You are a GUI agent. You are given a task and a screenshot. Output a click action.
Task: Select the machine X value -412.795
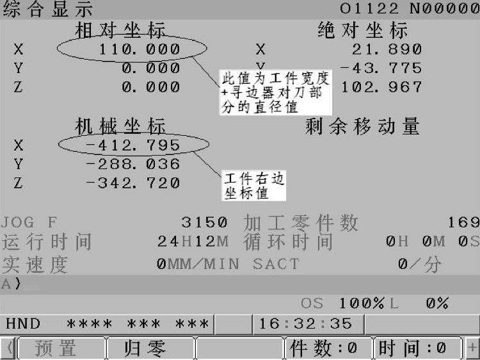[132, 146]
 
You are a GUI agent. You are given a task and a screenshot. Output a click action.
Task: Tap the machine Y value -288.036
[132, 165]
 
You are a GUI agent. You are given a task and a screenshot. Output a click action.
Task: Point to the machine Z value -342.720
[132, 184]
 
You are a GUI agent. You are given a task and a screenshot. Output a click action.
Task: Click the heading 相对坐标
[120, 30]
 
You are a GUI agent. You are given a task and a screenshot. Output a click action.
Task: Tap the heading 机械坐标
[120, 126]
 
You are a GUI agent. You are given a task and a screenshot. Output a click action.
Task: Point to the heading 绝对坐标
[362, 30]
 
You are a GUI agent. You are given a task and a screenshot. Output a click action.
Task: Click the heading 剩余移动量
[363, 126]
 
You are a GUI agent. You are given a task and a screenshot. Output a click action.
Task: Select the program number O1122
[369, 9]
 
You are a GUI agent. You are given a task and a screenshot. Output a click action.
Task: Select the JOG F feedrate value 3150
[204, 222]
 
